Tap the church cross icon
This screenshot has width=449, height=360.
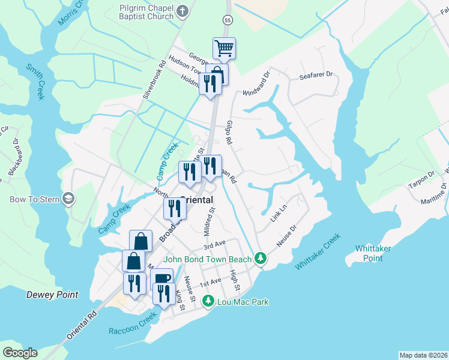[x=183, y=11]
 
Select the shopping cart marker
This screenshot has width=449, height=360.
[x=224, y=47]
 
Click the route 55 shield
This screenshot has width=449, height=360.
[x=227, y=20]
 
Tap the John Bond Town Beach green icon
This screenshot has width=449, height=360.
[x=260, y=258]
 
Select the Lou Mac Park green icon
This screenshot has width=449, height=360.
[x=208, y=301]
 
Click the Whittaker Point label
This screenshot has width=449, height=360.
[x=373, y=253]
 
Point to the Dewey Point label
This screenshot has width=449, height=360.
[x=52, y=295]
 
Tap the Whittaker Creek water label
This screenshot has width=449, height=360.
[x=318, y=251]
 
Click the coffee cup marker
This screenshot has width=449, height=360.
[x=161, y=280]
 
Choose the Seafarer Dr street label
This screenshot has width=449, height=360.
[x=316, y=77]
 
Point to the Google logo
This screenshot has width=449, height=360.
[x=20, y=353]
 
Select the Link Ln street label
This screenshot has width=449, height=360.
[x=279, y=212]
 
